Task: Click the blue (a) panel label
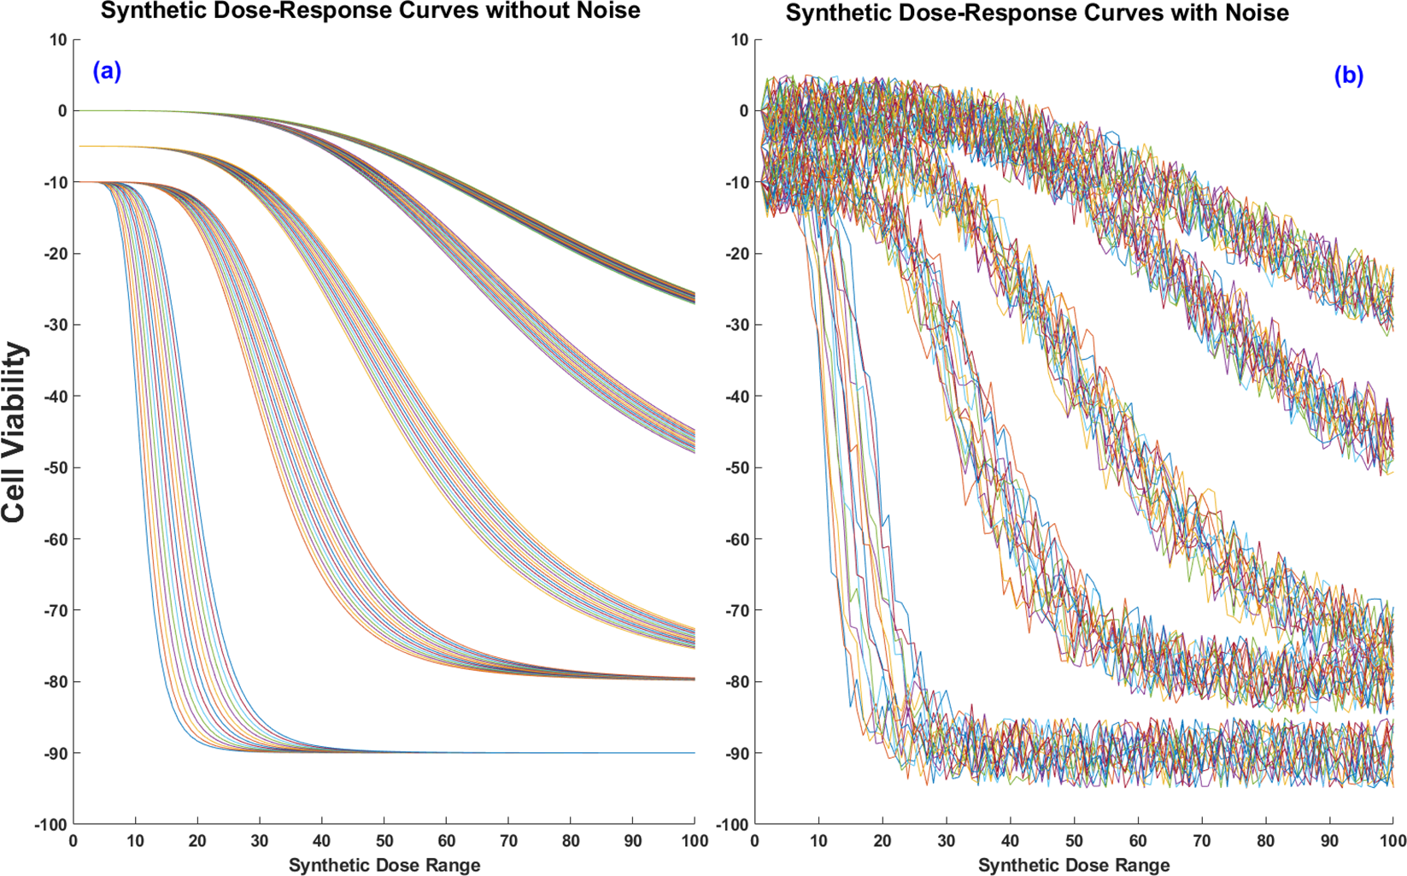[107, 72]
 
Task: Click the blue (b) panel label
[1348, 76]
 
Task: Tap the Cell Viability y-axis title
[15, 432]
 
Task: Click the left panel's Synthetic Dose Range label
[384, 865]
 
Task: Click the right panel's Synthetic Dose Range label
[1073, 865]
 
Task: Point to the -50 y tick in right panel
[736, 467]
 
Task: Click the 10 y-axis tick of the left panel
[58, 40]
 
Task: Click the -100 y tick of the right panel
[733, 824]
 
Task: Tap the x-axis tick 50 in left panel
[384, 841]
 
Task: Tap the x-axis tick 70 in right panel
[1201, 841]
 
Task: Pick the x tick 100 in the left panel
[694, 841]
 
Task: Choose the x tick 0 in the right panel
[755, 841]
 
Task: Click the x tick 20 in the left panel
[197, 841]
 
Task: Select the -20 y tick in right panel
[736, 254]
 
